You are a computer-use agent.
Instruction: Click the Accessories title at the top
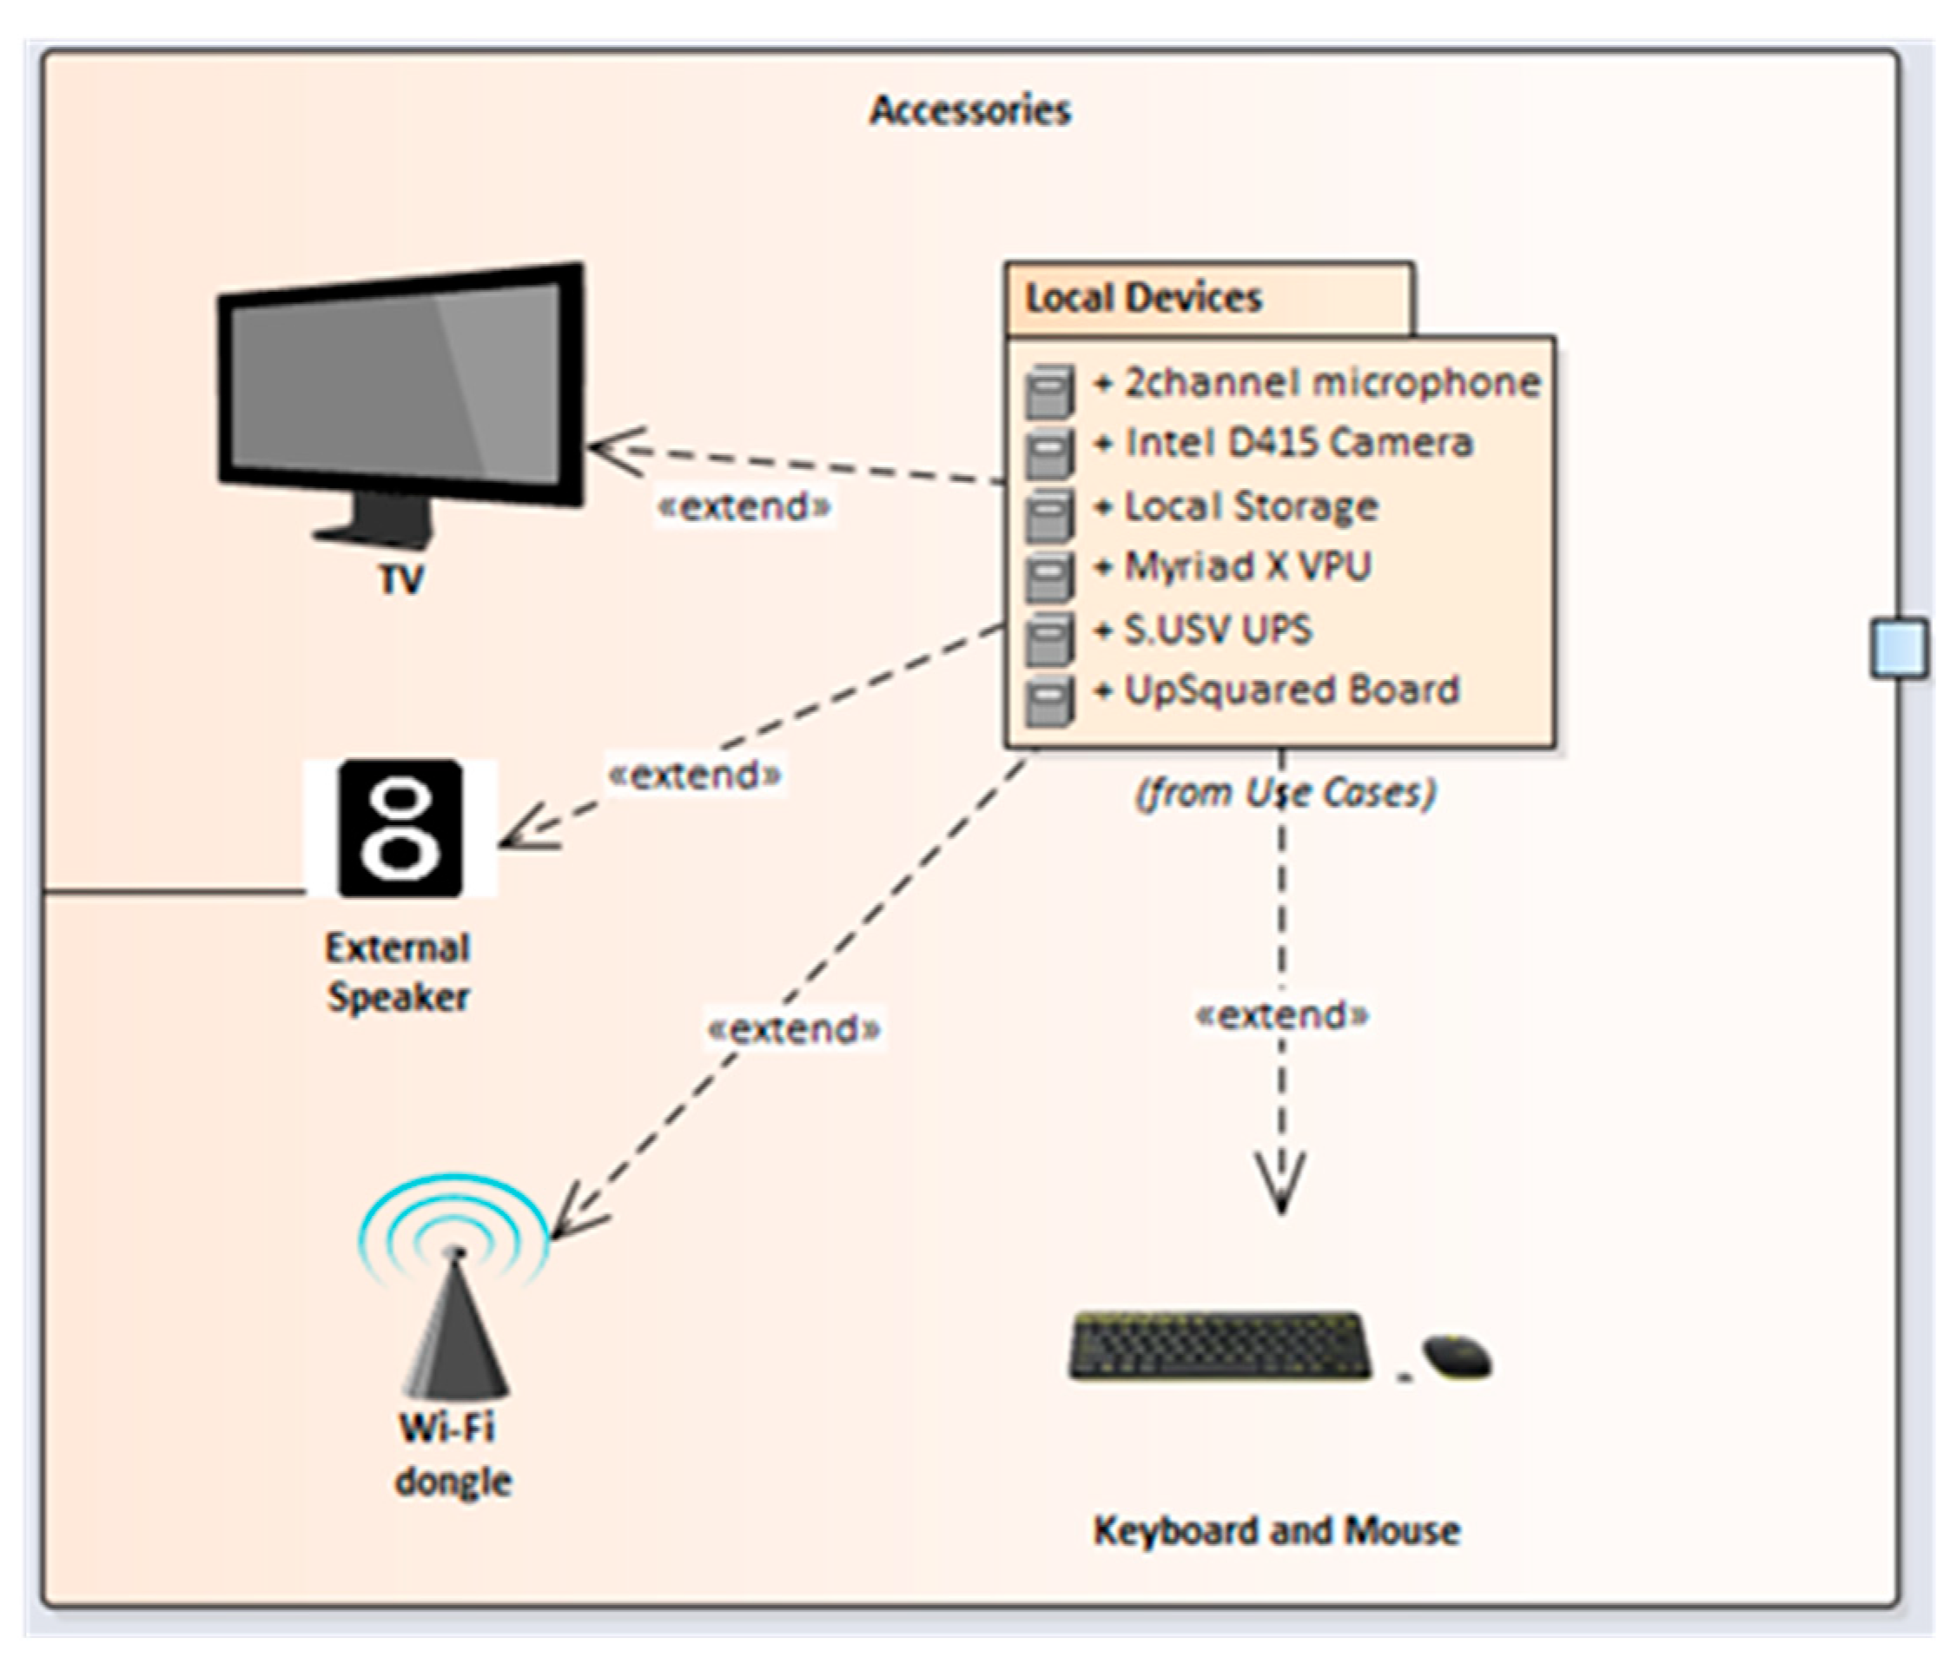point(969,111)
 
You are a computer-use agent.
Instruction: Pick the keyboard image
point(1220,1345)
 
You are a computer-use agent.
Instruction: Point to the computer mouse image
point(1457,1357)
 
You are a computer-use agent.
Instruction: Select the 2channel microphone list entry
point(1317,383)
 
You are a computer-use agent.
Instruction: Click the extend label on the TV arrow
point(744,507)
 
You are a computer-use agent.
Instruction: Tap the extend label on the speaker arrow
point(696,776)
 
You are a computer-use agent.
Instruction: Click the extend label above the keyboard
point(1282,1015)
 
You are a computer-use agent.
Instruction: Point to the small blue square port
point(1900,648)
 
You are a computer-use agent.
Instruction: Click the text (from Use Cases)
point(1285,792)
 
